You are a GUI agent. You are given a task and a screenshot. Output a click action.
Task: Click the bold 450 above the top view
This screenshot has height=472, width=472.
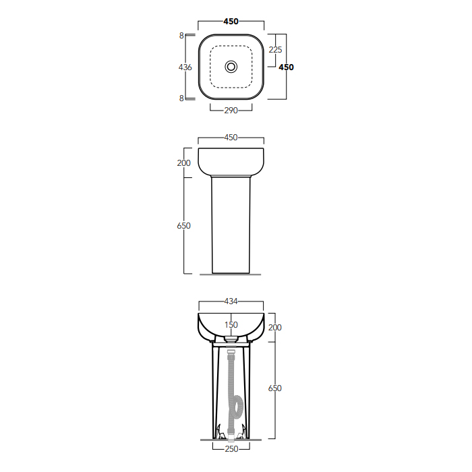(x=231, y=22)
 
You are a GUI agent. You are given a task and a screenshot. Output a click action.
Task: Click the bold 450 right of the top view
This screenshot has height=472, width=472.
(x=286, y=67)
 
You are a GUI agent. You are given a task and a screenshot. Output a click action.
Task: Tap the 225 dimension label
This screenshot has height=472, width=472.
(x=275, y=50)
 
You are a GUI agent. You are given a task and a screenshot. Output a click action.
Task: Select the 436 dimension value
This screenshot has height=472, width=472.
(x=185, y=67)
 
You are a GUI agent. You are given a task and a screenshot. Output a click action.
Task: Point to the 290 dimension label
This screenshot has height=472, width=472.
(x=231, y=111)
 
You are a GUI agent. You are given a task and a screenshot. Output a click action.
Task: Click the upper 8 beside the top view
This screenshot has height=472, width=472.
(x=181, y=36)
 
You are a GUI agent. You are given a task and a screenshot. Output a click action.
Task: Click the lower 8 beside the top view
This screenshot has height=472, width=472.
(x=181, y=98)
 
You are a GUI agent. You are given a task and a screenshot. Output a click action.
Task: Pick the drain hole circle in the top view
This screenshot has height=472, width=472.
(x=231, y=67)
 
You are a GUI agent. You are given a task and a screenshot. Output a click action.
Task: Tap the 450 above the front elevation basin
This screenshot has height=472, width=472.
(x=231, y=138)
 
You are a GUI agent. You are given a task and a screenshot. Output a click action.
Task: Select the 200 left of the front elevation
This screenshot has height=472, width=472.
(x=183, y=163)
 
